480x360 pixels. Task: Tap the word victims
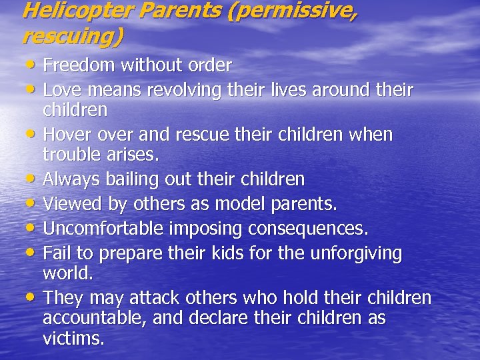(x=73, y=339)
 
